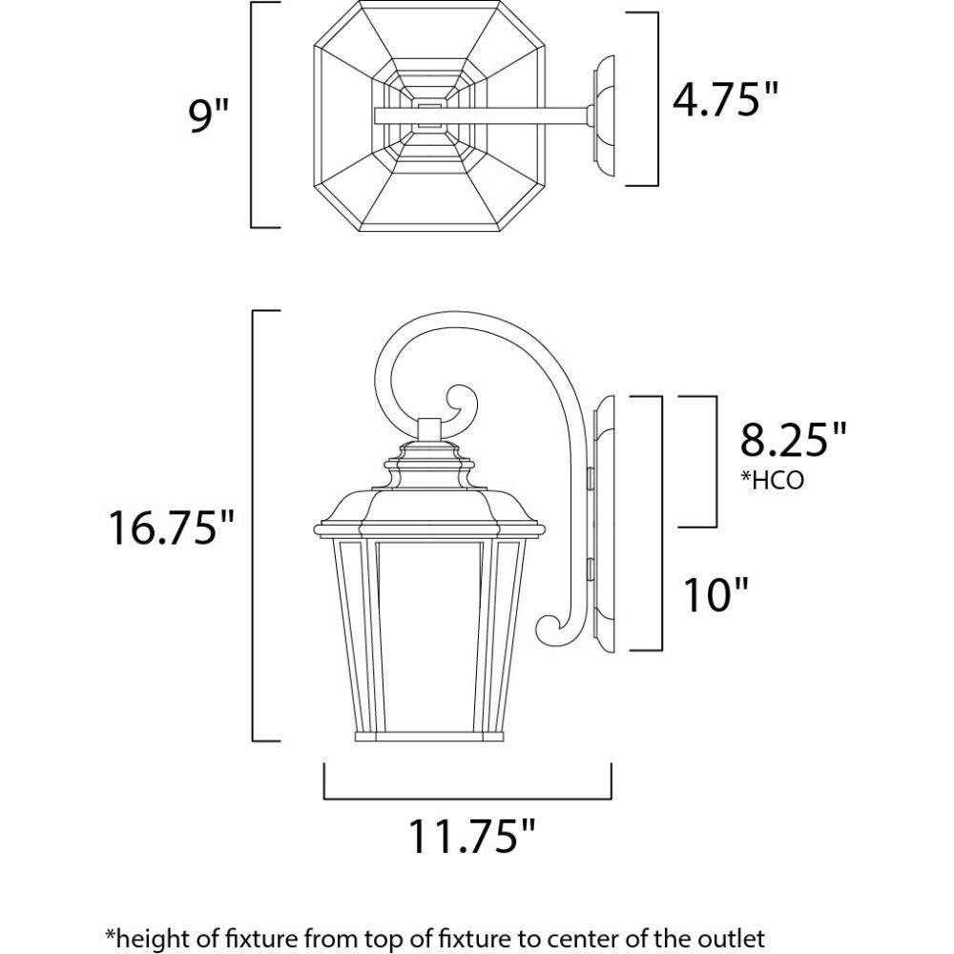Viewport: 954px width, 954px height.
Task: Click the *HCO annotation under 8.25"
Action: tap(772, 480)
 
